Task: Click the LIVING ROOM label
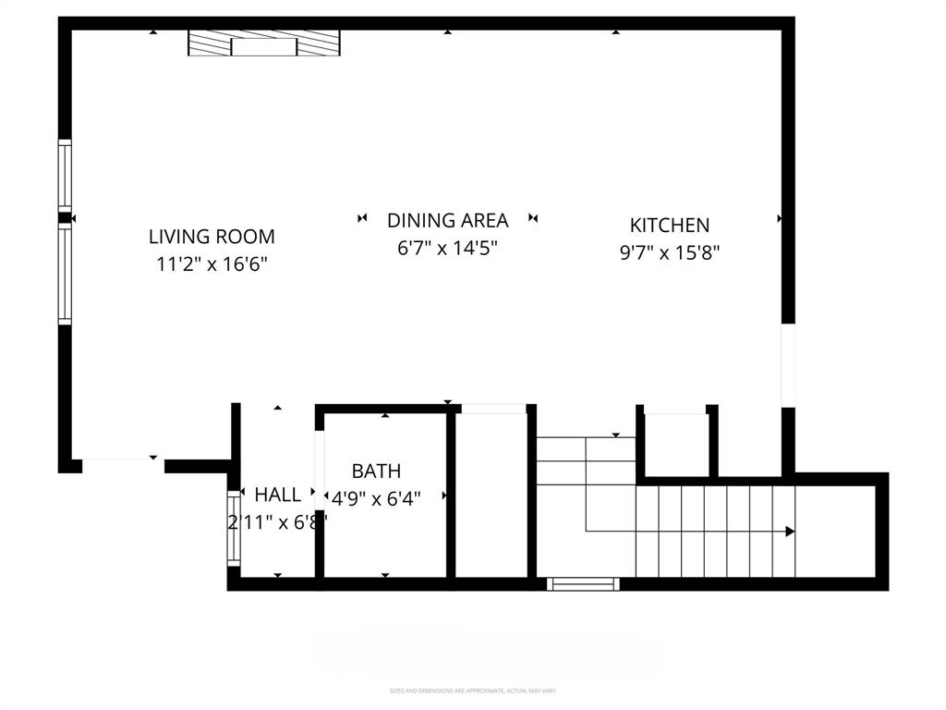[212, 237]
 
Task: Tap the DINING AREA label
[447, 220]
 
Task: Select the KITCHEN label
[669, 225]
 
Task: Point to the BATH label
[376, 471]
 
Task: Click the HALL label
[277, 495]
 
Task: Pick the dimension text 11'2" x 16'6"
[212, 264]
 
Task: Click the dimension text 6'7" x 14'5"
[447, 248]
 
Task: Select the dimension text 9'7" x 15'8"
[669, 252]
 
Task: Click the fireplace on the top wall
[264, 43]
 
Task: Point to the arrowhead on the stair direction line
[790, 532]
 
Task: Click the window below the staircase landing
[583, 583]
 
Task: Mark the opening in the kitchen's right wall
[788, 364]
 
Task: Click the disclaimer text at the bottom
[473, 691]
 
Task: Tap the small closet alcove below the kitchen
[676, 446]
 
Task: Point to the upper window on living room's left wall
[65, 174]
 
